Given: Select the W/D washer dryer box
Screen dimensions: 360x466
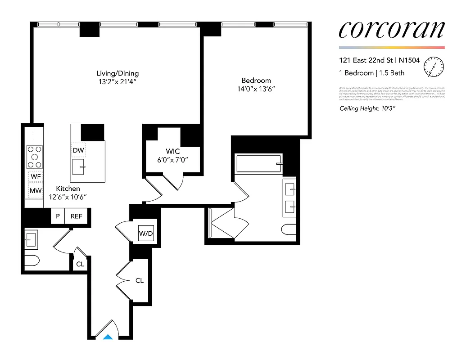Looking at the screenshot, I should tap(146, 233).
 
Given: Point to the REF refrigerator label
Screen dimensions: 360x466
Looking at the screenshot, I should tap(77, 216).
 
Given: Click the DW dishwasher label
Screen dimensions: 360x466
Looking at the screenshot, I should tap(78, 149).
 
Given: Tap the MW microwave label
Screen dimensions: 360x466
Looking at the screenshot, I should tap(36, 191).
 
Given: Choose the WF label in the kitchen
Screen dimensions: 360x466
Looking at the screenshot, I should tap(36, 177).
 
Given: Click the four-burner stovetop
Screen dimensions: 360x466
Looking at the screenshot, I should tap(35, 156).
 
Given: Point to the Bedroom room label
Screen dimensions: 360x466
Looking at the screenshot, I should tap(256, 81).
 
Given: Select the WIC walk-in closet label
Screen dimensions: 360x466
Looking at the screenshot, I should tap(172, 152).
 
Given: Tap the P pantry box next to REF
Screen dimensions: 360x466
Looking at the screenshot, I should tap(58, 216).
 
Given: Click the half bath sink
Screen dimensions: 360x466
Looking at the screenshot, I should tap(31, 238).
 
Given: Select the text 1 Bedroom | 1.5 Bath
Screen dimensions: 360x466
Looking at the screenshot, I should tap(371, 73).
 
